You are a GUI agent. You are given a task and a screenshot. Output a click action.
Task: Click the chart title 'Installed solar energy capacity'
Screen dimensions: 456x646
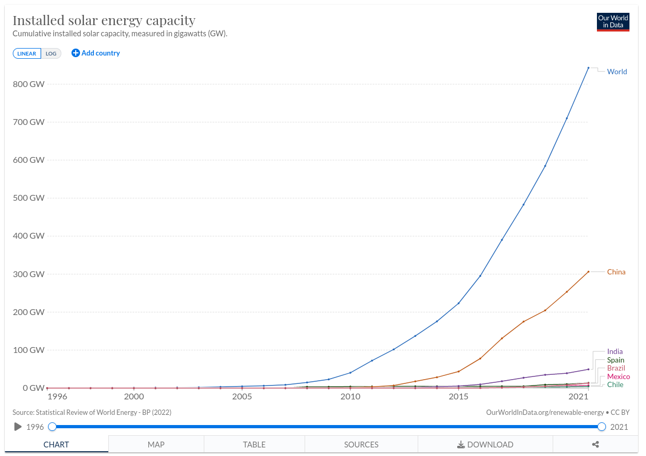pos(104,20)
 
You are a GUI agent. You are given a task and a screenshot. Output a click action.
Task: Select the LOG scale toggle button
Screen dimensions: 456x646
pos(51,53)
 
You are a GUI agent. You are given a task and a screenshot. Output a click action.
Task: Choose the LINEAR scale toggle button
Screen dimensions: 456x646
pos(27,53)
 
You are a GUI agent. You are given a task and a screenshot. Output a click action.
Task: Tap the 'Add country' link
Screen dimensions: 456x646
pos(96,53)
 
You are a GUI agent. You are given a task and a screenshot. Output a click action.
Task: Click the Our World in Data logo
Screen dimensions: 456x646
pos(613,22)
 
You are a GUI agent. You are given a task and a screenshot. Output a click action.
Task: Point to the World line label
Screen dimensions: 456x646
pos(617,72)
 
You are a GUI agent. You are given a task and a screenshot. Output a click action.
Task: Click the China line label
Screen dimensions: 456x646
pos(616,272)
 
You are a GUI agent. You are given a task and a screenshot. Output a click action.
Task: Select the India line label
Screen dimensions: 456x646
pos(615,351)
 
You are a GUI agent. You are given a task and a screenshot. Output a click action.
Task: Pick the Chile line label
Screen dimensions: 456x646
pos(615,384)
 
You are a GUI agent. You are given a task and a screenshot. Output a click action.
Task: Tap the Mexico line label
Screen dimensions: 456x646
pos(618,376)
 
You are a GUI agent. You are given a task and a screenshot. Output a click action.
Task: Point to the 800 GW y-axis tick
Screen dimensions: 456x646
pos(30,84)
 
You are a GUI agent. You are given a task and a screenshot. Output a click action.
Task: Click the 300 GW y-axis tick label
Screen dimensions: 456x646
pos(30,274)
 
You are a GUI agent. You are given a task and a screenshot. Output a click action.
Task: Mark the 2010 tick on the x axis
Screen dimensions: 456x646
pos(350,397)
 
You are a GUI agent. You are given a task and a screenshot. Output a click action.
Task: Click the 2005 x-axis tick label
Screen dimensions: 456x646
pos(242,397)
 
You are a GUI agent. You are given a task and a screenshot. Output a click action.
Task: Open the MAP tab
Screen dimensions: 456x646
pos(156,444)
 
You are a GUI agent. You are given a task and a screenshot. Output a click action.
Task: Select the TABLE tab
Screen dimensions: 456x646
pos(254,444)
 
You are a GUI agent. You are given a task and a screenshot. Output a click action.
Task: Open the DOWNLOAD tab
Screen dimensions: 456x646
pos(485,444)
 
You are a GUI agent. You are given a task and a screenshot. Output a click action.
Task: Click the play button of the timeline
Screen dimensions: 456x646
pos(18,427)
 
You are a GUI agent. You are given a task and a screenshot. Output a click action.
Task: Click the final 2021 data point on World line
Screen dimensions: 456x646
pos(588,68)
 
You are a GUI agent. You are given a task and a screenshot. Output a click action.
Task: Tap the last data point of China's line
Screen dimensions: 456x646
pos(588,271)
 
